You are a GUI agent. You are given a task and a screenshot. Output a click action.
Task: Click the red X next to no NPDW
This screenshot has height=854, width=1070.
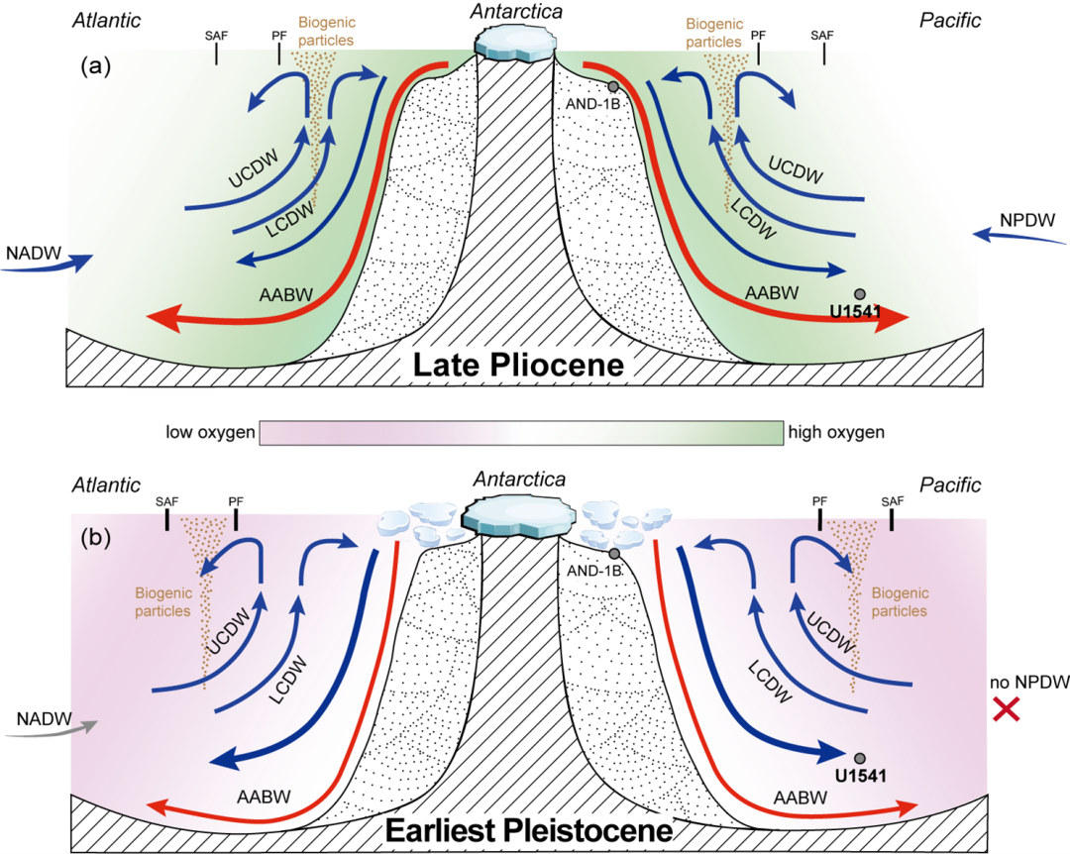(1008, 710)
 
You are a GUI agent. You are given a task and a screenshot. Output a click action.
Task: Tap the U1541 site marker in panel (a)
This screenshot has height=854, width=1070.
(860, 294)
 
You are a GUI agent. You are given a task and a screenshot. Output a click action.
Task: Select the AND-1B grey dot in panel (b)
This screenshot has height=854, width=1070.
(614, 554)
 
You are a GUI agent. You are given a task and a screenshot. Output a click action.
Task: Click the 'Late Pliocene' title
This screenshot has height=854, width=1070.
(518, 366)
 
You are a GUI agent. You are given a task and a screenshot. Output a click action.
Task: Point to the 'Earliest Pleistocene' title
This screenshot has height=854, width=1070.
(529, 831)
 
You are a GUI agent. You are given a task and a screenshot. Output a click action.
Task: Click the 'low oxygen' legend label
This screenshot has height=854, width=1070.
(210, 432)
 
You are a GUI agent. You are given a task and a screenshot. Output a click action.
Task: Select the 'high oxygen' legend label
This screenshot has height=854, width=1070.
(836, 432)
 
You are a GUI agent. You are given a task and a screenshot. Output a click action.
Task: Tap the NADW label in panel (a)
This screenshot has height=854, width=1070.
(34, 254)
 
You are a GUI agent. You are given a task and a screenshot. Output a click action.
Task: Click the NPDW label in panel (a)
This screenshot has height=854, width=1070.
(1027, 221)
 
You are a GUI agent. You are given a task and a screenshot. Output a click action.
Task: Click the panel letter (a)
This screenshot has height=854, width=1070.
(95, 66)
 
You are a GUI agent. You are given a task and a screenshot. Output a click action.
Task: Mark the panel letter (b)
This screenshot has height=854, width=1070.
(95, 537)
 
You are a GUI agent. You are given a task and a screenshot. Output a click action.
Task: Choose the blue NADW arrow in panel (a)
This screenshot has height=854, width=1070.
(47, 266)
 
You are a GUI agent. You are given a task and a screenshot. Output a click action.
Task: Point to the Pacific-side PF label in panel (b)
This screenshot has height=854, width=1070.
(819, 501)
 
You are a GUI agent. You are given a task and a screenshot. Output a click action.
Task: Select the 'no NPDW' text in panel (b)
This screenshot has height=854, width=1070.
(1029, 683)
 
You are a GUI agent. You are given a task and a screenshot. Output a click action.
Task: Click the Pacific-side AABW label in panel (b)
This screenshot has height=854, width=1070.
(800, 798)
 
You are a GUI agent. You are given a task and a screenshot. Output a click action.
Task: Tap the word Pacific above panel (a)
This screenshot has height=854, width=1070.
(950, 21)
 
